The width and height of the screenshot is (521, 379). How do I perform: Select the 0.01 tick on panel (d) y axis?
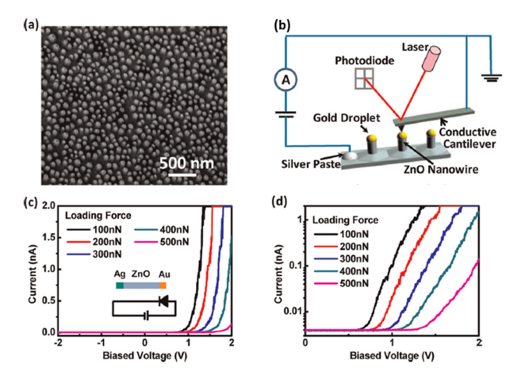[x=286, y=311]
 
